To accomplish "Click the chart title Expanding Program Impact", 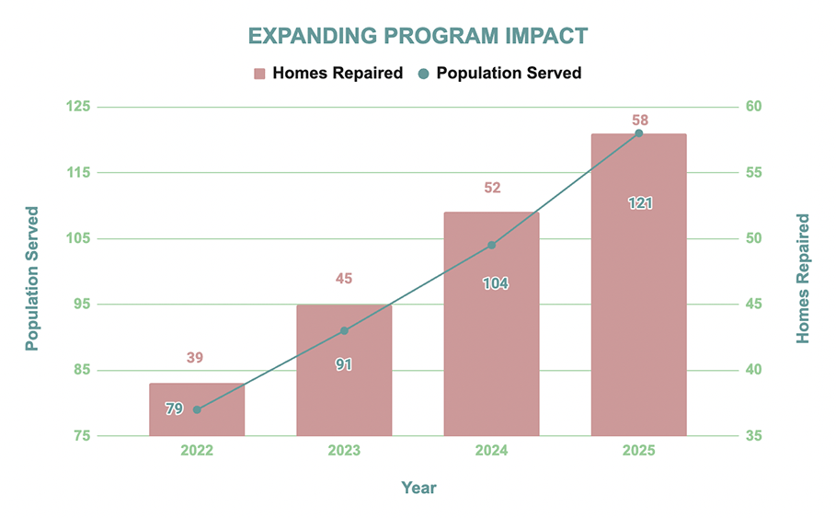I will (418, 36).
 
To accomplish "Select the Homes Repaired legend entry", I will (327, 73).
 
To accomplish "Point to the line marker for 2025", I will (639, 133).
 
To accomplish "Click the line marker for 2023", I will (344, 330).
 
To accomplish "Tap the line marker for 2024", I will (491, 245).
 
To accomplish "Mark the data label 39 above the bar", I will (195, 358).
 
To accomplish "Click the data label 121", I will (639, 202).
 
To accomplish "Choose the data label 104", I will (495, 283).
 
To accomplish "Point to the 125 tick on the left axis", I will (79, 107).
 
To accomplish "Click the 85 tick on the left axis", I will (82, 370).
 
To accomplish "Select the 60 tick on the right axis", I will (754, 107).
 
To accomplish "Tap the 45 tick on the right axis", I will (754, 305).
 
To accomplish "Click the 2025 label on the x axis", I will (639, 451).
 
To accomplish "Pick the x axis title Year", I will (418, 488).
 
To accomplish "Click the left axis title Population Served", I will (32, 278).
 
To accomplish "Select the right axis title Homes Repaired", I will (803, 278).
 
